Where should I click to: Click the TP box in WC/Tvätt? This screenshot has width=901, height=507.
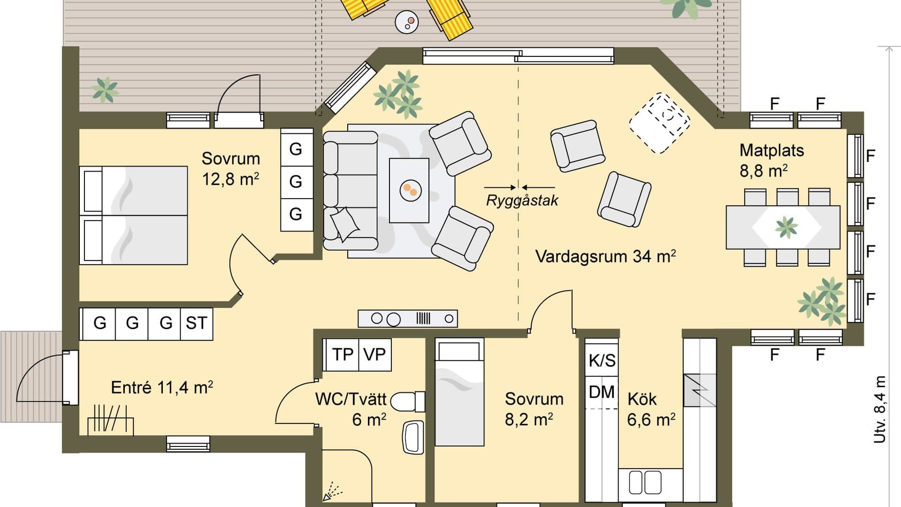[x=342, y=354]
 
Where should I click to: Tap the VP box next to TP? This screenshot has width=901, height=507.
[x=374, y=354]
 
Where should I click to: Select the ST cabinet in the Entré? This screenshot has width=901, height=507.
[x=196, y=323]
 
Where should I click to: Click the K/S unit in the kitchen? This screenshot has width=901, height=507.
[x=602, y=361]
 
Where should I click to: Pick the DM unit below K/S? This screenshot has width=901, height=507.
[x=602, y=392]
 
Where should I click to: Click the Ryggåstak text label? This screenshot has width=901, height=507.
[x=522, y=200]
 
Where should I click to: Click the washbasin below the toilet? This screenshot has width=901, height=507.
[x=413, y=437]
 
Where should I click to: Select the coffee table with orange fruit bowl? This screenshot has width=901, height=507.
[x=409, y=190]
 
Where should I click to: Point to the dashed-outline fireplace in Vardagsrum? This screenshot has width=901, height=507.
[x=659, y=123]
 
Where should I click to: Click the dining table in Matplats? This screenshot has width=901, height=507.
[x=783, y=227]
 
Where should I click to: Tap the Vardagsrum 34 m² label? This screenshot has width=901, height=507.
[x=605, y=257]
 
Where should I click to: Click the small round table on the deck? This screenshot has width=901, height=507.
[x=407, y=22]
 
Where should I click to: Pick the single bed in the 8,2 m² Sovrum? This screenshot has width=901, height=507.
[x=459, y=392]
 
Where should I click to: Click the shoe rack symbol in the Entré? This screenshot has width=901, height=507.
[x=111, y=419]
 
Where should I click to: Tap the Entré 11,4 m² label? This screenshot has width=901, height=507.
[x=162, y=388]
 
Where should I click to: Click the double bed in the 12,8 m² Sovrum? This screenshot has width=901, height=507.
[x=133, y=215]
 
